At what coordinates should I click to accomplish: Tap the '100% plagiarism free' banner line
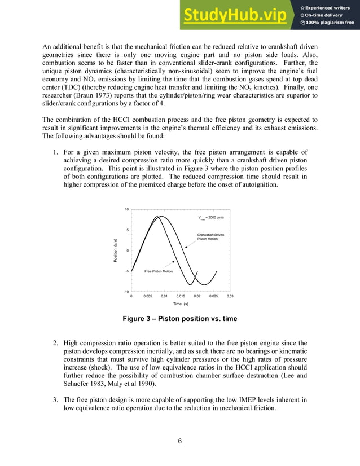tap(330, 23)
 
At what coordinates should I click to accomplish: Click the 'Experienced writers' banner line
tap(330, 7)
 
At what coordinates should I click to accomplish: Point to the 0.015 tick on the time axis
tap(181, 296)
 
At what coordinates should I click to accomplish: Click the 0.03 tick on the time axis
tap(230, 296)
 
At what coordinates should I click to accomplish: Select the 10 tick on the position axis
tap(127, 209)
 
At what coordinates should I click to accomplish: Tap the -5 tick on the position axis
tap(127, 271)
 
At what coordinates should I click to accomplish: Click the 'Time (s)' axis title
tap(181, 304)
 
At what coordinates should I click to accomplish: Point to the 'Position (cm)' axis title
tap(116, 250)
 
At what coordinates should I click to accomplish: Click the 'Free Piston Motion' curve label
tap(158, 271)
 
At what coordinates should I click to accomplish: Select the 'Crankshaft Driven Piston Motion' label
tap(210, 236)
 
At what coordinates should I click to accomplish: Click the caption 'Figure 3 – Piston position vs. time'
tap(179, 319)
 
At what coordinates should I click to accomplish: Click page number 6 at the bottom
tap(179, 441)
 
